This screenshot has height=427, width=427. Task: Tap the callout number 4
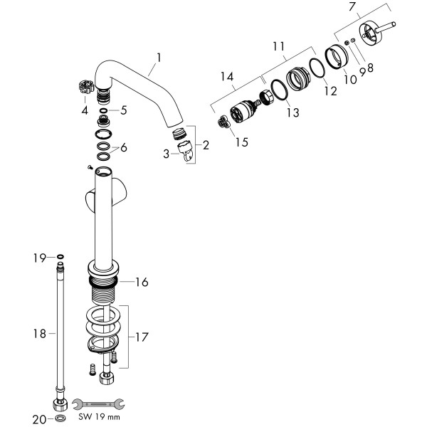85,110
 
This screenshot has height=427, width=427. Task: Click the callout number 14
228,76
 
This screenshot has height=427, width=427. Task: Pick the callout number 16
142,283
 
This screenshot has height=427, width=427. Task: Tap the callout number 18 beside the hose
40,333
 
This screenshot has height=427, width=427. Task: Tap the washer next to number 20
60,419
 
